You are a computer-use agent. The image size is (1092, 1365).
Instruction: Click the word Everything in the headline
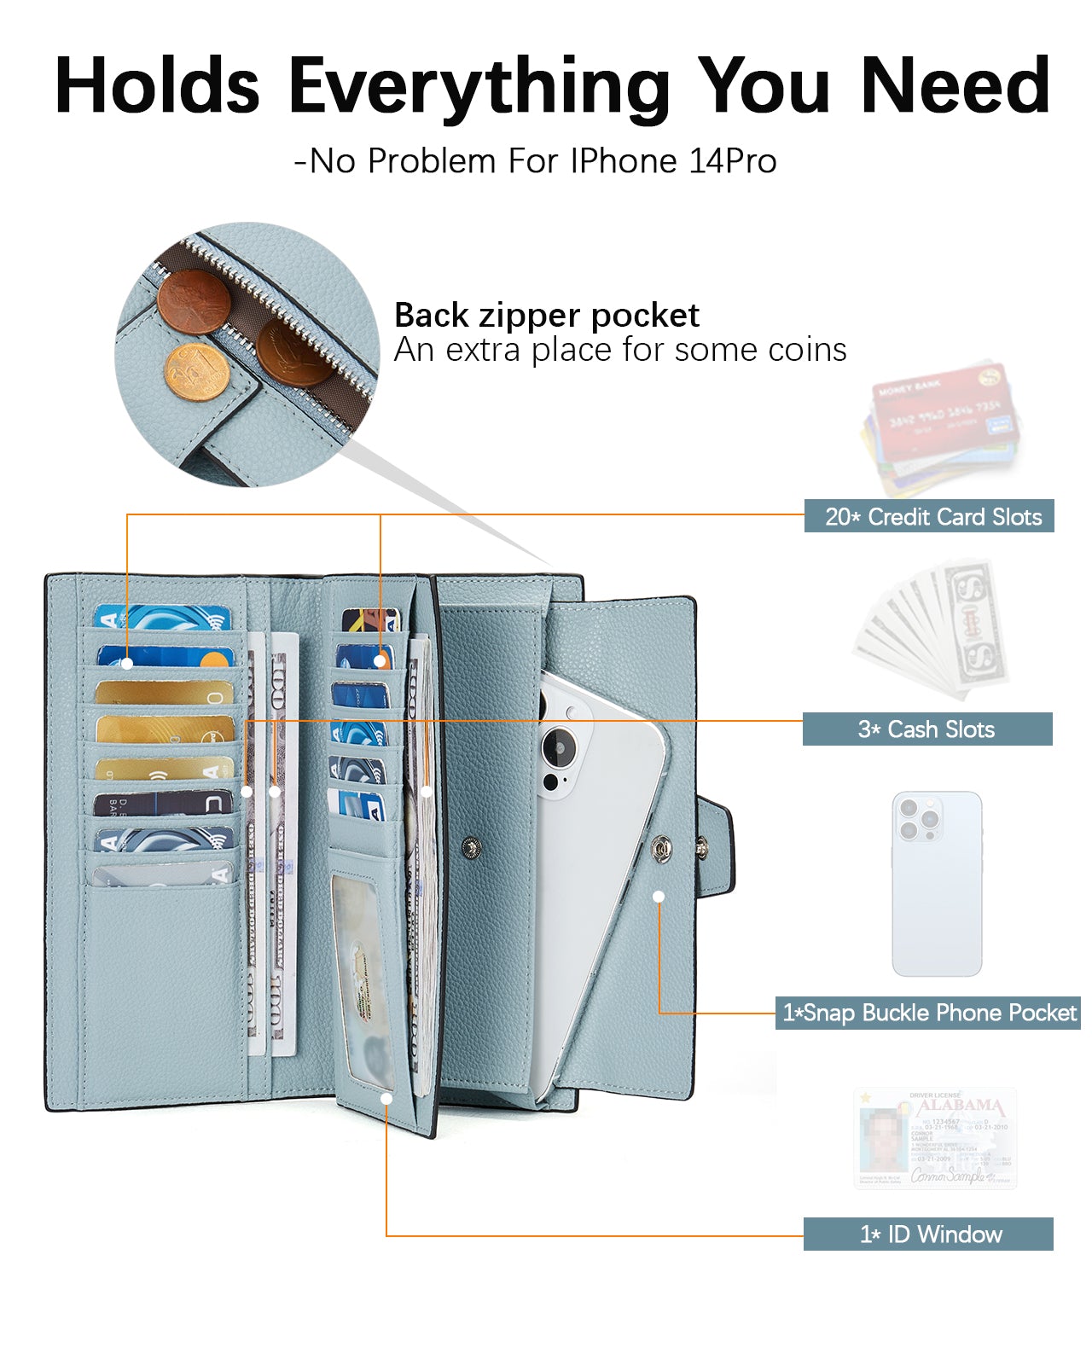tap(479, 87)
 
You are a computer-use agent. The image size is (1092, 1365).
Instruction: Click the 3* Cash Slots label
tap(926, 729)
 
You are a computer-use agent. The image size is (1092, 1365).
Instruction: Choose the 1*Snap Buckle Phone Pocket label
tap(928, 1013)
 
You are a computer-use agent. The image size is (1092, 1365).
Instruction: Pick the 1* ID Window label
tap(928, 1234)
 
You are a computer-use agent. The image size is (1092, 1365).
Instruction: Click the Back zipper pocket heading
tap(546, 316)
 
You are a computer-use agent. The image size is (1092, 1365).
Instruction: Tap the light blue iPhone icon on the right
tap(937, 883)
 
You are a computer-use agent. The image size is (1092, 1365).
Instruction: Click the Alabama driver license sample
tap(935, 1139)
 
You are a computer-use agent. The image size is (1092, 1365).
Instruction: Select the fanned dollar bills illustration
tap(934, 627)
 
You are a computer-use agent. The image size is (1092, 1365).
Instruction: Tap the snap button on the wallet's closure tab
tap(702, 848)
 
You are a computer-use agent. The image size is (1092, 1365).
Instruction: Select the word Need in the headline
tap(955, 87)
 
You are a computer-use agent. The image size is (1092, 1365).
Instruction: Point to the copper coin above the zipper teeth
tap(195, 301)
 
